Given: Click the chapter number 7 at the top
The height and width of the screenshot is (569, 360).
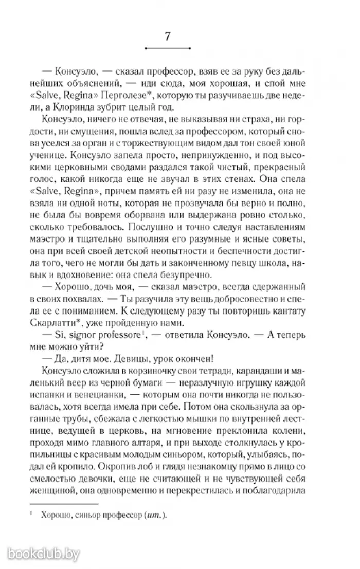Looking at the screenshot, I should pyautogui.click(x=168, y=36).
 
